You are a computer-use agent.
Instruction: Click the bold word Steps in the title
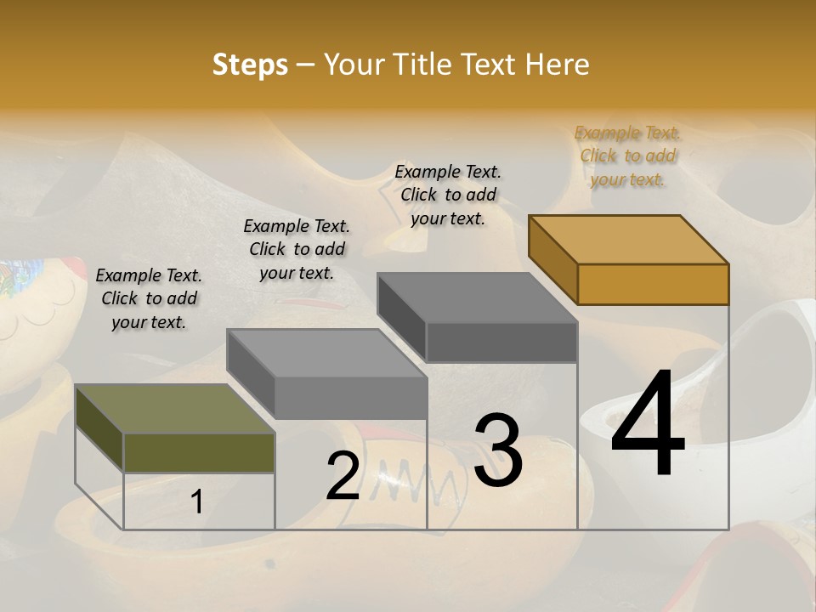point(250,65)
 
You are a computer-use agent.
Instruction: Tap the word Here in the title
point(557,65)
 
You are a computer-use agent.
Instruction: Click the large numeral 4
point(648,425)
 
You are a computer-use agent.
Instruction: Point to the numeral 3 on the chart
point(498,450)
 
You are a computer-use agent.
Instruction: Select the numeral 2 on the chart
point(343,476)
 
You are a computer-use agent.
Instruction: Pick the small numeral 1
point(197,502)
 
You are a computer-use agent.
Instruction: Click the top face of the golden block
point(629,239)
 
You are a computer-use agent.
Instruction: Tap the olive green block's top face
point(174,409)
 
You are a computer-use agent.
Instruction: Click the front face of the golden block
point(653,284)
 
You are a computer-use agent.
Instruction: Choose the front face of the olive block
point(199,452)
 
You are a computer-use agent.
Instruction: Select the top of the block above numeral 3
point(476,297)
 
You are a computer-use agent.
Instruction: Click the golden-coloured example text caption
point(627,156)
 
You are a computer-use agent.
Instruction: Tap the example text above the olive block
point(149,298)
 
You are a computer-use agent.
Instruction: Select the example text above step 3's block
point(448,195)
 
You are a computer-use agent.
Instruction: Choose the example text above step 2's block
point(297,249)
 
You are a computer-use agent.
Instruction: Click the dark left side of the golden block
point(552,258)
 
